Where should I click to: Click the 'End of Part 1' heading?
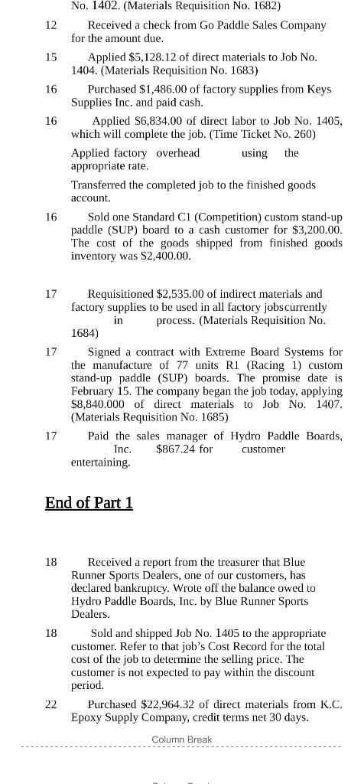click(89, 503)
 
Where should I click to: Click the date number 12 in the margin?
click(50, 25)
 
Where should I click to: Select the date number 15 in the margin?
click(50, 57)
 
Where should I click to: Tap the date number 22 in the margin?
click(50, 704)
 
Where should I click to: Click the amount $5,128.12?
click(152, 57)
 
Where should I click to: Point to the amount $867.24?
click(177, 449)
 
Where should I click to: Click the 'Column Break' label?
click(182, 740)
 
